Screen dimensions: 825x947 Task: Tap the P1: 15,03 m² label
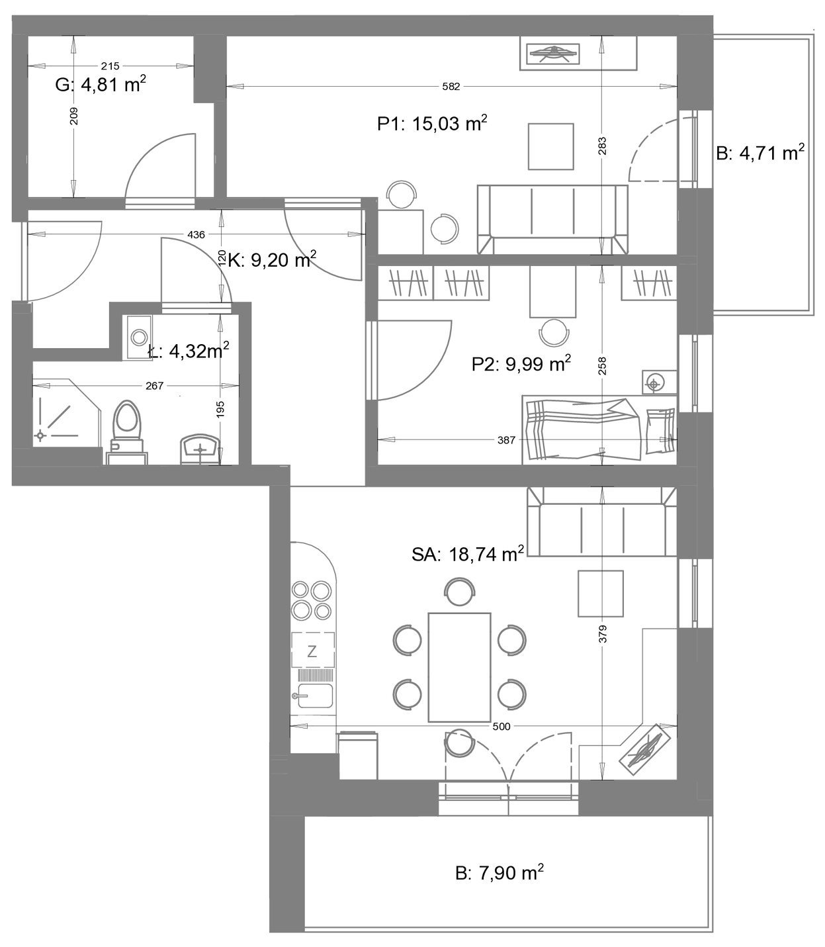(x=432, y=124)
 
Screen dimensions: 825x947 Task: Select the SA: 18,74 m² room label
(x=467, y=553)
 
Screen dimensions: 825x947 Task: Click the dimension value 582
(x=451, y=87)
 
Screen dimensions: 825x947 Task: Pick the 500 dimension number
(x=501, y=726)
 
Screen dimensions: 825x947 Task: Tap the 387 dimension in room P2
(x=506, y=440)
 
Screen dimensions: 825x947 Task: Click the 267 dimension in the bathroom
(x=155, y=386)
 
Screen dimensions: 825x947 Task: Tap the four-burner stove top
(x=312, y=600)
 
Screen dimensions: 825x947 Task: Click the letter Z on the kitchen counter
(x=312, y=652)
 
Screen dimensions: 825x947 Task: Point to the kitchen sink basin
(x=315, y=696)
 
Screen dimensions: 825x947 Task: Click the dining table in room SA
(x=459, y=668)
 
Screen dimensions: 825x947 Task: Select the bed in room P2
(x=599, y=429)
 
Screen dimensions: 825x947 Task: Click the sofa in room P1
(x=552, y=220)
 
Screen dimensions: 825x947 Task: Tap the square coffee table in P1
(x=550, y=146)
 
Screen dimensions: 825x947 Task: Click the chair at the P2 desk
(x=554, y=332)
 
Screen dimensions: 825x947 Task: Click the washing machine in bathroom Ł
(x=137, y=338)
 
